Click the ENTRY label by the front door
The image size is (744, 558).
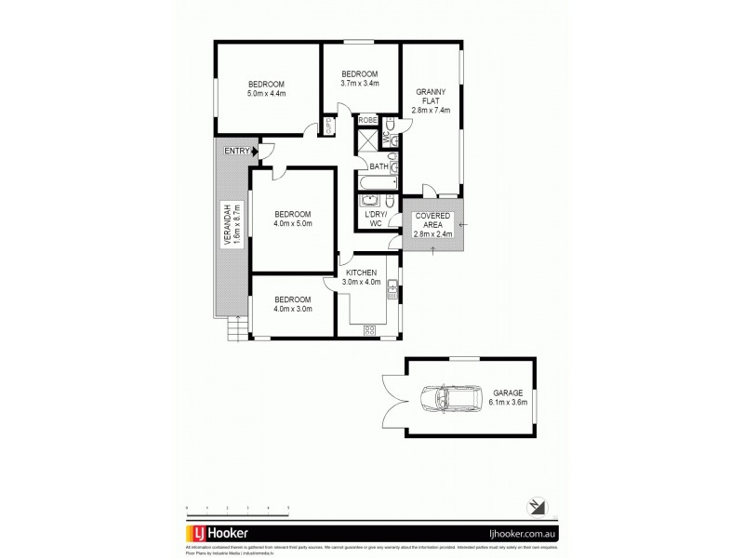pyautogui.click(x=237, y=152)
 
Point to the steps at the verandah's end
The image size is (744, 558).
pyautogui.click(x=236, y=328)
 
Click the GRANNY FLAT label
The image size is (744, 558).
pyautogui.click(x=432, y=100)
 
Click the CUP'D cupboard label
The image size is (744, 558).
pyautogui.click(x=328, y=126)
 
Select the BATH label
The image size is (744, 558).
pyautogui.click(x=379, y=166)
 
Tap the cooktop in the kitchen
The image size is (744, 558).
pyautogui.click(x=368, y=329)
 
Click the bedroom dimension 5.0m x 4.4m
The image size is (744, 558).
pyautogui.click(x=265, y=93)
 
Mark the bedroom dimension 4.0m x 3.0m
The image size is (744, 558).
pyautogui.click(x=292, y=308)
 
